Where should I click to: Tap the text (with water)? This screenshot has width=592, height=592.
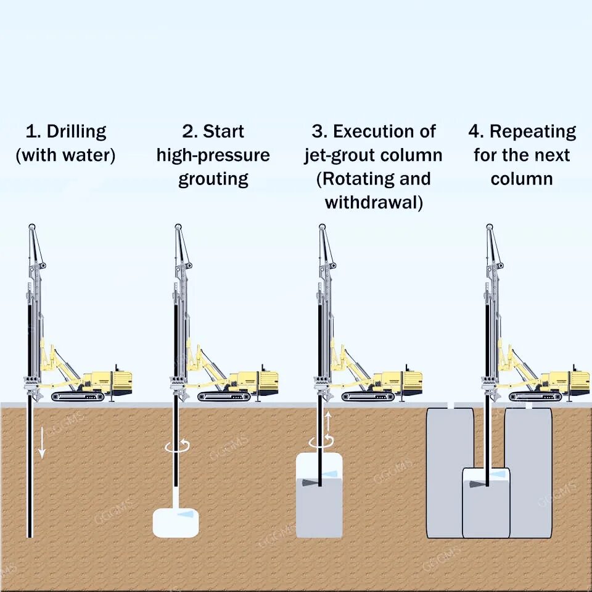tap(65, 155)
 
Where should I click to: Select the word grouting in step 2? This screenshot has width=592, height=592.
tap(213, 179)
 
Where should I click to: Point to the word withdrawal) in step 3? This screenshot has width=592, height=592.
tap(374, 202)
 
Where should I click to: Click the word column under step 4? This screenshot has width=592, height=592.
tap(522, 179)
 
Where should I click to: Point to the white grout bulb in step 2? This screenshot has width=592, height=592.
tap(176, 522)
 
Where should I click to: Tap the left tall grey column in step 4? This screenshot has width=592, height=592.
tap(444, 469)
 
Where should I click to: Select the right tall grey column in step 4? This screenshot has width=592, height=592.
tap(529, 469)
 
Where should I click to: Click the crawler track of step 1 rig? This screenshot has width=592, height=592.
tap(78, 397)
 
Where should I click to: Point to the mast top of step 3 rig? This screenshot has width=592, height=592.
tap(322, 227)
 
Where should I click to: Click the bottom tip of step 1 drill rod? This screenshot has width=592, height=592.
tap(30, 535)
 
